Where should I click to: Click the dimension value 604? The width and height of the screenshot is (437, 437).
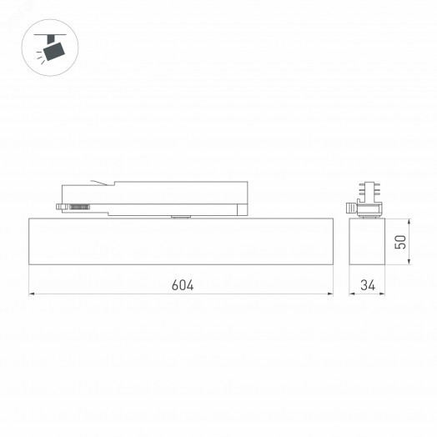click(183, 284)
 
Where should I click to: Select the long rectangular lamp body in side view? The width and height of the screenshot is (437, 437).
click(181, 242)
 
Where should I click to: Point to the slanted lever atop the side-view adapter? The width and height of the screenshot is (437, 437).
click(102, 183)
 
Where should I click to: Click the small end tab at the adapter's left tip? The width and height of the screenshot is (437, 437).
click(59, 204)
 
